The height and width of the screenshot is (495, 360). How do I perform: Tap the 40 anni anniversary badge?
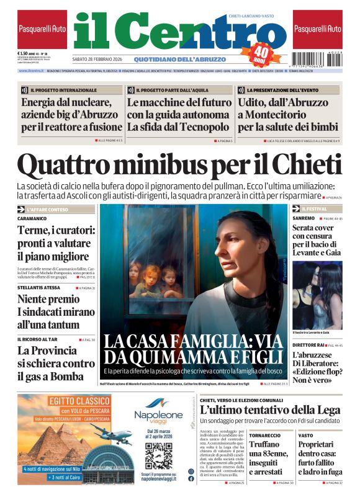coord(263,53)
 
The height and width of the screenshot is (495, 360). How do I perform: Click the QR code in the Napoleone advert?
coord(158,456)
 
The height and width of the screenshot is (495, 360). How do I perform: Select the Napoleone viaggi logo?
coord(158,415)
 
